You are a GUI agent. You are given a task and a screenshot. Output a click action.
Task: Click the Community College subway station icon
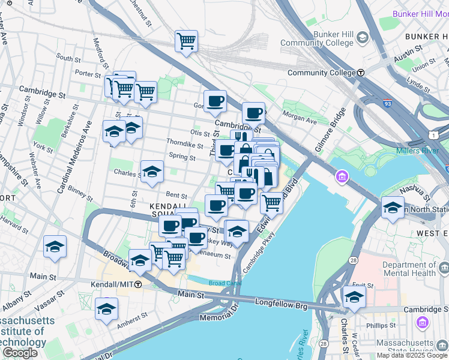361,73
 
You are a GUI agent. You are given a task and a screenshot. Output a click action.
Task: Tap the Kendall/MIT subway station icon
138,284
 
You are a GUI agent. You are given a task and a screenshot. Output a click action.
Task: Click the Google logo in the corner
20,353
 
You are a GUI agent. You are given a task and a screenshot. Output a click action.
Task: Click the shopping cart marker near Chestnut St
187,41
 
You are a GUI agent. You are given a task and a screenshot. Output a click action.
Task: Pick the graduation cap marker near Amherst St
106,308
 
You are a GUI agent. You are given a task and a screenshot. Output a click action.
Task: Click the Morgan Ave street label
303,121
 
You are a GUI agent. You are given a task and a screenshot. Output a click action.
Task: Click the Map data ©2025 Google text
412,355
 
